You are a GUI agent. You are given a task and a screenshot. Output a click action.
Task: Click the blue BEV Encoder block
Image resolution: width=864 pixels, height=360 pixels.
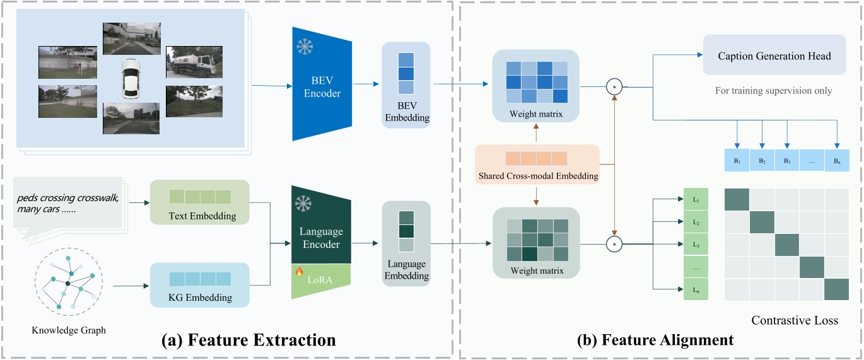(321, 85)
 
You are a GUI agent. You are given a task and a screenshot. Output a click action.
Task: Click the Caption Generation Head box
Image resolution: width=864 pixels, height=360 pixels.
(774, 56)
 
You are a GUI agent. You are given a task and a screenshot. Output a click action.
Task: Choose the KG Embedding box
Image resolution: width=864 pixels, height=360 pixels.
(200, 285)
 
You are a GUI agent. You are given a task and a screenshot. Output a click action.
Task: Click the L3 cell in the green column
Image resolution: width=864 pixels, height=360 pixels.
(696, 244)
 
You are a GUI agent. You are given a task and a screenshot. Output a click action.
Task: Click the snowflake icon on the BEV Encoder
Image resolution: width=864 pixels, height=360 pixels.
(304, 48)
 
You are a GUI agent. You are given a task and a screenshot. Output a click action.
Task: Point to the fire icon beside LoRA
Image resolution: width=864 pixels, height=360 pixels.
(300, 272)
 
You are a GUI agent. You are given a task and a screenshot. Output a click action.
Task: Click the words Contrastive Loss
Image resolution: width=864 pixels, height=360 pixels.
(795, 320)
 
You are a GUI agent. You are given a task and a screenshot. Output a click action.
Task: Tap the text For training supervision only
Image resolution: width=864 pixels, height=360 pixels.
(773, 91)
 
